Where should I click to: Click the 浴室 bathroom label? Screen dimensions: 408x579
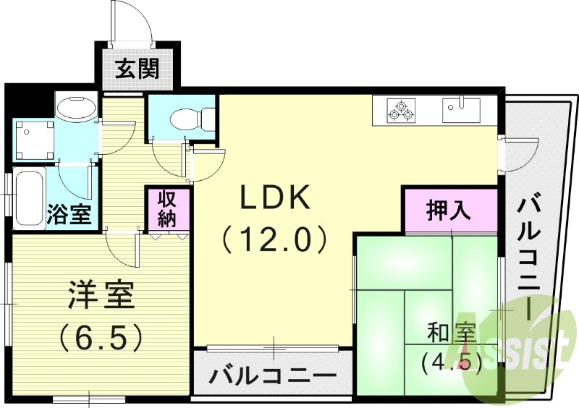point(69,215)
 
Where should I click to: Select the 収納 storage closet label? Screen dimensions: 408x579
point(168,208)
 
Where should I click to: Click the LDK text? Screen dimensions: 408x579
point(275,197)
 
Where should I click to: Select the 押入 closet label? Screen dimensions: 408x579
point(449,211)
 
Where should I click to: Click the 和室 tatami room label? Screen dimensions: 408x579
point(450,333)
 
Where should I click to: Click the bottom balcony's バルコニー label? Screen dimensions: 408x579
point(273,376)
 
